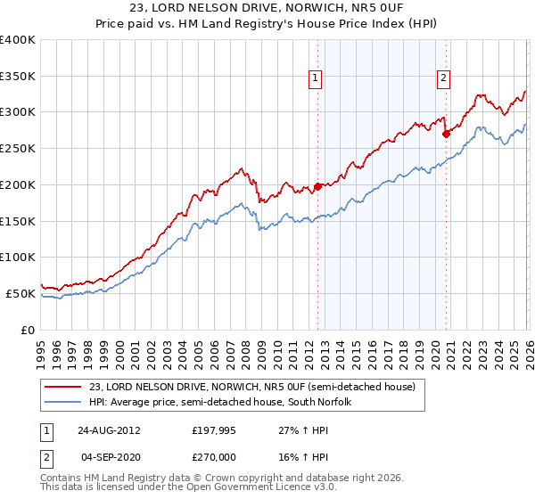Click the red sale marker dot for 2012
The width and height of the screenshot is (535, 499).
(x=317, y=187)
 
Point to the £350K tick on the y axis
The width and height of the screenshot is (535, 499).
(x=18, y=77)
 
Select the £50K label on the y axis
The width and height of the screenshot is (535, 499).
(x=20, y=293)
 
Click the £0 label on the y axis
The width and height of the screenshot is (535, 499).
(x=28, y=330)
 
